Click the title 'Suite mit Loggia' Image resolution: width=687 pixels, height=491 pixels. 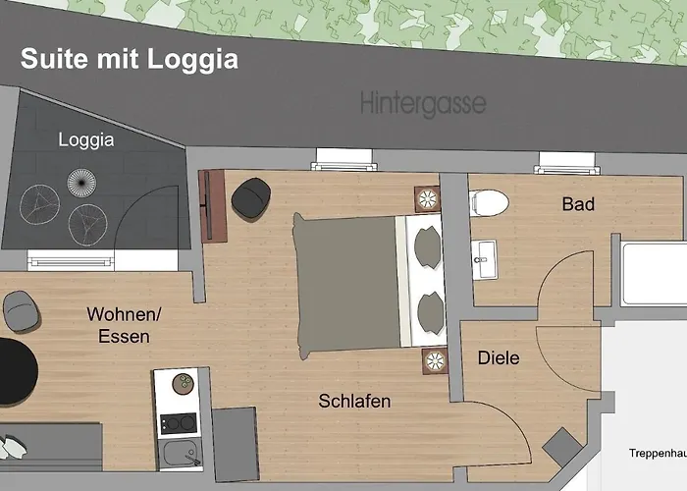coord(130,59)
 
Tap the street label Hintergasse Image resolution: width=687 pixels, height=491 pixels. coord(422,102)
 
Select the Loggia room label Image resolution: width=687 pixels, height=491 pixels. coord(86,139)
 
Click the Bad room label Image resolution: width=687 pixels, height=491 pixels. coord(578,204)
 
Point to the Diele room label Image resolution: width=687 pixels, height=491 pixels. coord(499,358)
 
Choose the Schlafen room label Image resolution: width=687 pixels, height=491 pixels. coord(354,401)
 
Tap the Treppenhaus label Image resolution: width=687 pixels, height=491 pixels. coord(658,453)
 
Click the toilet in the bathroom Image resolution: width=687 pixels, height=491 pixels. coord(490,202)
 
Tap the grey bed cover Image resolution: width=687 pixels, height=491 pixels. coord(343,284)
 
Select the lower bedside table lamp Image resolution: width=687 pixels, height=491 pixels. coord(433,360)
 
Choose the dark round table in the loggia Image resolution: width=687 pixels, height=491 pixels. coord(78,182)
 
